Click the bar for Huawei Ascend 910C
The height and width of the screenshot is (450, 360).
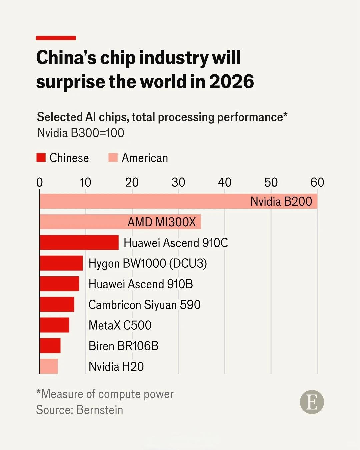coord(79,242)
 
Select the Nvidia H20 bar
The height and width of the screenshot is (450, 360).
coord(49,366)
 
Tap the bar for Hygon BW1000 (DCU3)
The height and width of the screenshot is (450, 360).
coord(61,263)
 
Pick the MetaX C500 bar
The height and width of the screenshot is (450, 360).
coord(54,325)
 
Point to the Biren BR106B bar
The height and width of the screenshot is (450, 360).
coord(50,346)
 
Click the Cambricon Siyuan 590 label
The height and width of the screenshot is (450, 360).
coord(144,305)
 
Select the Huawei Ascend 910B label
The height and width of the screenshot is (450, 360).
coord(140,284)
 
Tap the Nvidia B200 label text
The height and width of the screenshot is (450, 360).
coord(281,201)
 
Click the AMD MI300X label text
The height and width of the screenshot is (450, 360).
coord(162,222)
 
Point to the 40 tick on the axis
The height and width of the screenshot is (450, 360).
coord(224,182)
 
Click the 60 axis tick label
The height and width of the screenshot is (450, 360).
coord(317,182)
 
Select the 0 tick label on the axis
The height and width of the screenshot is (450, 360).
coord(39,182)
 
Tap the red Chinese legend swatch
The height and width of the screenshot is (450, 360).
coord(41,158)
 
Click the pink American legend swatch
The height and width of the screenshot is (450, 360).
coord(113,158)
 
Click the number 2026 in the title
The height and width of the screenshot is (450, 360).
coord(231,82)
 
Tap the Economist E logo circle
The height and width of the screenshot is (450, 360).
coord(312,402)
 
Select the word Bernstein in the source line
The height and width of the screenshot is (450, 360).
coord(100,410)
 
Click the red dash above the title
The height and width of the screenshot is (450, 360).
coord(56,38)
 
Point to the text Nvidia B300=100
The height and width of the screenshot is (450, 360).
coord(80,133)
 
